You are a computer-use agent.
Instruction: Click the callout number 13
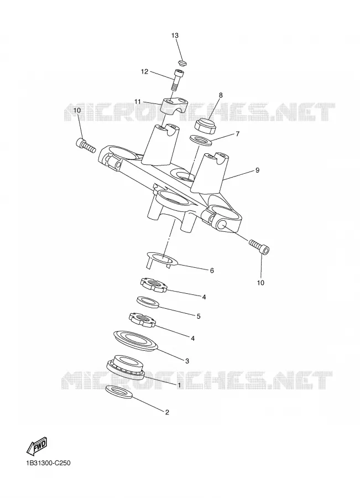click(175, 35)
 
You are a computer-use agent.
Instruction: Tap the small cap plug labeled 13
click(181, 63)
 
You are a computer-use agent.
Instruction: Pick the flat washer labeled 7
click(201, 140)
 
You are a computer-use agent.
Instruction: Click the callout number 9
click(257, 170)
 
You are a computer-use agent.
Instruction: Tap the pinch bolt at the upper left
click(86, 144)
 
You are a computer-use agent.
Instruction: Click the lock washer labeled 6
click(163, 258)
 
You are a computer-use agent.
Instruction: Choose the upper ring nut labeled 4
click(154, 284)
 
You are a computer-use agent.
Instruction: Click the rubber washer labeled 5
click(148, 302)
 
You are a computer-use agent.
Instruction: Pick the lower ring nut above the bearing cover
click(142, 319)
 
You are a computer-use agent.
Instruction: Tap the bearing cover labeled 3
click(135, 340)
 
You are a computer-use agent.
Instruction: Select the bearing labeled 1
click(126, 366)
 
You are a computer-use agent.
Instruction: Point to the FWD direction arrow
click(36, 445)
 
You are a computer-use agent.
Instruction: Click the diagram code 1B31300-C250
click(48, 463)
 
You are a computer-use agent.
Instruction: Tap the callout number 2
click(167, 412)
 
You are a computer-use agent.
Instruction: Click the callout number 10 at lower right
click(260, 283)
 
